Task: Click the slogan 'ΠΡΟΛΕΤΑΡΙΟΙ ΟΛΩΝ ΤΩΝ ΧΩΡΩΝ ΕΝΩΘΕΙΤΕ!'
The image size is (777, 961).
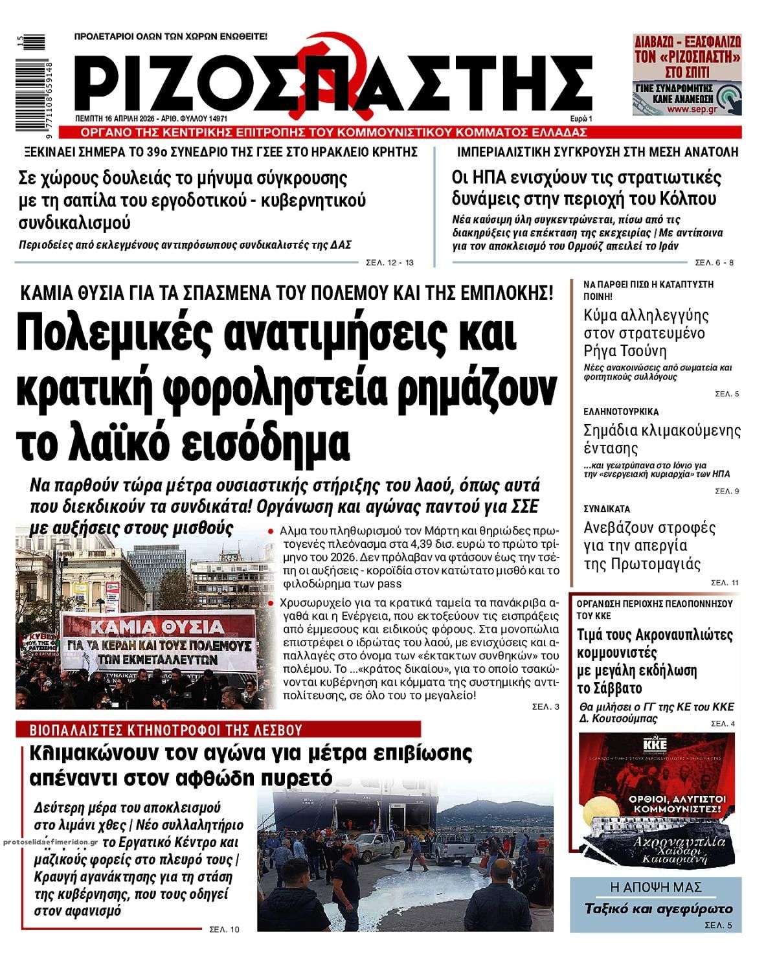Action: [171, 37]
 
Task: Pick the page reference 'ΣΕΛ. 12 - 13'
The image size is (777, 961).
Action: [389, 262]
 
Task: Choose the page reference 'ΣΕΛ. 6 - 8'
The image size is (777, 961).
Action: [714, 262]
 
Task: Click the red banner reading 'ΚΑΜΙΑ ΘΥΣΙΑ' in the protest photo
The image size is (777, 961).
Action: [158, 627]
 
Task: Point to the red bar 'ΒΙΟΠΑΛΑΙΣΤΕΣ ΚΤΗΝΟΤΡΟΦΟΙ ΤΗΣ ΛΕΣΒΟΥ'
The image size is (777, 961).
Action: [167, 730]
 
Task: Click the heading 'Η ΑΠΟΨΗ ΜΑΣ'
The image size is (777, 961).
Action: [656, 887]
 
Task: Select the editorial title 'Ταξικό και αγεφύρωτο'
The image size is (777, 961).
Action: [658, 908]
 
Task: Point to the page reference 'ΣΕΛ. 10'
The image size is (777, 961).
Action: [224, 929]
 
